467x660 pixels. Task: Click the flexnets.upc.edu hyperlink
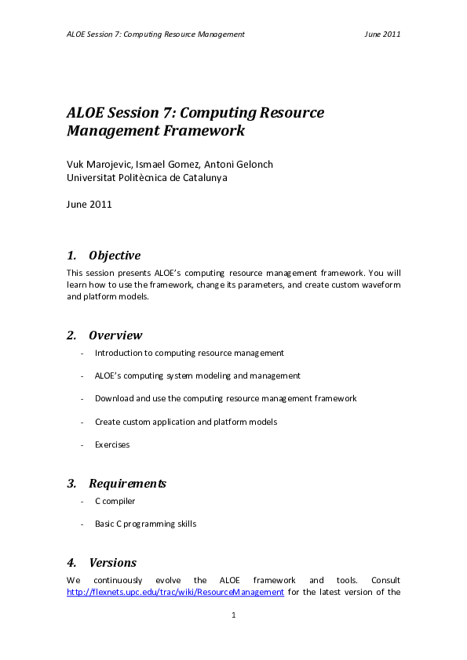coord(175,593)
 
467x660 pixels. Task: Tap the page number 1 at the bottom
coord(234,616)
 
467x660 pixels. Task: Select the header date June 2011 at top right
coord(383,34)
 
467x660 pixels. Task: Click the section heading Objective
coord(115,256)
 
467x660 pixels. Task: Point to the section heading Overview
coord(115,335)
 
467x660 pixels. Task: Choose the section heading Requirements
coord(127,484)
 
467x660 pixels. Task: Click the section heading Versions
coord(112,563)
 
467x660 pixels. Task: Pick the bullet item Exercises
coord(112,444)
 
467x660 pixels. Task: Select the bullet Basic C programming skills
coord(145,524)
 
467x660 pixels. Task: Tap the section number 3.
coord(71,484)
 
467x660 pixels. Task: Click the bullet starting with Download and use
coord(225,398)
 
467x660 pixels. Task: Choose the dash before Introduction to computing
coord(82,353)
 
